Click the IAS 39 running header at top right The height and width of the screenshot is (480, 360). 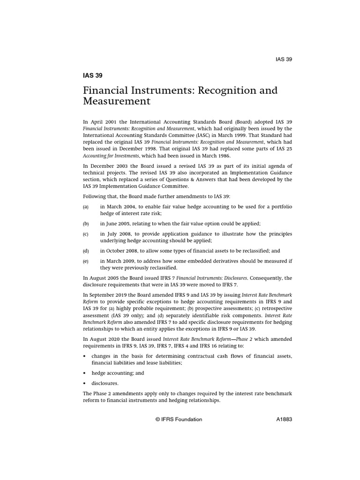pos(284,59)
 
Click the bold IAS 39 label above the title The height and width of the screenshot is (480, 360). pos(92,75)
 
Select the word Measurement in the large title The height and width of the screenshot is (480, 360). pos(117,101)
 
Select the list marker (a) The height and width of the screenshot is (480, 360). pos(86,207)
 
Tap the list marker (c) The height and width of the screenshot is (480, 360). pos(86,234)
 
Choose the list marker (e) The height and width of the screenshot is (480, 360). pos(86,261)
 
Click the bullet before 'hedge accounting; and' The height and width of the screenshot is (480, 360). pos(85,373)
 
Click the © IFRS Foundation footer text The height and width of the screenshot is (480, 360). pos(179,420)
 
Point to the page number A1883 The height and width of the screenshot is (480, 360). pos(284,420)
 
